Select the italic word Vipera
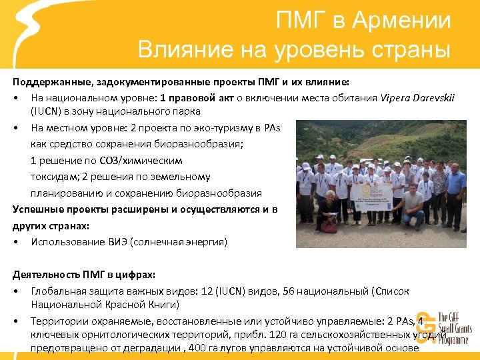click(x=395, y=99)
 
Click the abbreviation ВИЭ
click(x=123, y=241)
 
